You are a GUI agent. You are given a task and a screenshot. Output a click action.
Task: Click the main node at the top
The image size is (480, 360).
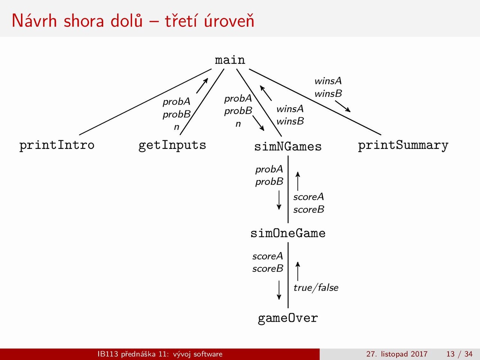pos(230,60)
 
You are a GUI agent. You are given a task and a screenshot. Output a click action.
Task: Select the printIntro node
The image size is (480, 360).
pos(57,145)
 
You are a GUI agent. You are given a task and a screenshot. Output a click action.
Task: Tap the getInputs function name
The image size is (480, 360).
pos(172,145)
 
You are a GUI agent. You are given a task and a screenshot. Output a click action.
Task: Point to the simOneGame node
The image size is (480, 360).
pos(288,233)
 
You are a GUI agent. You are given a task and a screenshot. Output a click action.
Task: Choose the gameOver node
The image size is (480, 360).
pos(288,318)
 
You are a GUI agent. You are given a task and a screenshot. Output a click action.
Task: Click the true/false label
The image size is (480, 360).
pos(316,288)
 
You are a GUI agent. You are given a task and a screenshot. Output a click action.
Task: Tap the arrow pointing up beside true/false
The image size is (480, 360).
pos(298,271)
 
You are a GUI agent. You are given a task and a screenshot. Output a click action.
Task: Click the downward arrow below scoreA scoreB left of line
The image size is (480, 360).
pos(279,290)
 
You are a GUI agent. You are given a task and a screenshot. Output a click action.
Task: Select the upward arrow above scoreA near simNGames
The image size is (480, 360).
pos(298,181)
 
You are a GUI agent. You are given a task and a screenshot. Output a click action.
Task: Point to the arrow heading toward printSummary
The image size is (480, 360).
pos(343,106)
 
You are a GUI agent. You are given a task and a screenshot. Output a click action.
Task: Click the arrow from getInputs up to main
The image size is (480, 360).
pos(202,85)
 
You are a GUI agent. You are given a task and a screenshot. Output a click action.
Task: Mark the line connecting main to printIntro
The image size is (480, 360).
pos(145,102)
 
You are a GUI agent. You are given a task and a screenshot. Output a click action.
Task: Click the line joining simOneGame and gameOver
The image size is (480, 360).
pos(288,275)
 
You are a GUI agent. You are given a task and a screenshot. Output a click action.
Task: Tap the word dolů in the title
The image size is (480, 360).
pos(127,21)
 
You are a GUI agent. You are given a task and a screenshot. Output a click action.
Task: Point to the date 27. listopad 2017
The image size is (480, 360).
pos(397,354)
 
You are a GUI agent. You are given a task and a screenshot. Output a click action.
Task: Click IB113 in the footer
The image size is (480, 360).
pos(108,354)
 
